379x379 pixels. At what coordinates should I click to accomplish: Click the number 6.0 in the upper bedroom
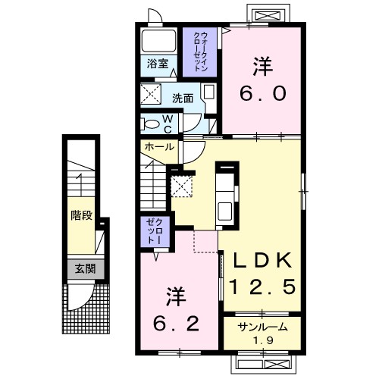click(x=263, y=92)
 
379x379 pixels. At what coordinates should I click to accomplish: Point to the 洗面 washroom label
click(x=181, y=98)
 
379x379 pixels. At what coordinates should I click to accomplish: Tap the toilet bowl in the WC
click(x=152, y=124)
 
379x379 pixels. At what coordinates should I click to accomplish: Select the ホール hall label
click(x=158, y=147)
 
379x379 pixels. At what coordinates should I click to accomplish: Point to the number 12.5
click(x=262, y=288)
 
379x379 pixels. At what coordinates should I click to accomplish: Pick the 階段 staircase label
click(x=81, y=215)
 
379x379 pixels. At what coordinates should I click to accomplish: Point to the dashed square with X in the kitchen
click(x=181, y=186)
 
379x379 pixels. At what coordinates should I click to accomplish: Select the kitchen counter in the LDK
click(x=225, y=193)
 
